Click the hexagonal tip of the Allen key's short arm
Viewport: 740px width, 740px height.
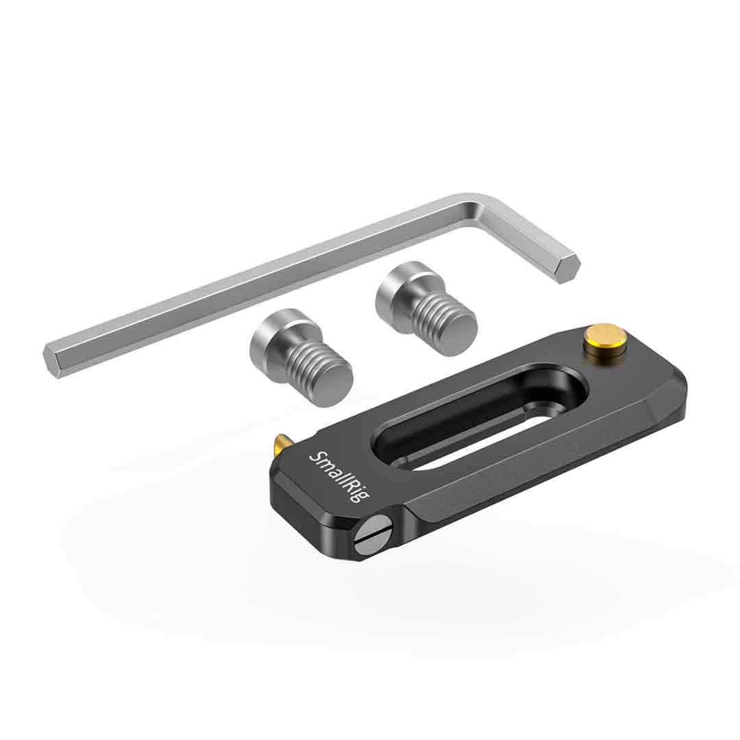point(567,268)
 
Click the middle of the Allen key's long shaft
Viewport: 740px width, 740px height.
point(260,281)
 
